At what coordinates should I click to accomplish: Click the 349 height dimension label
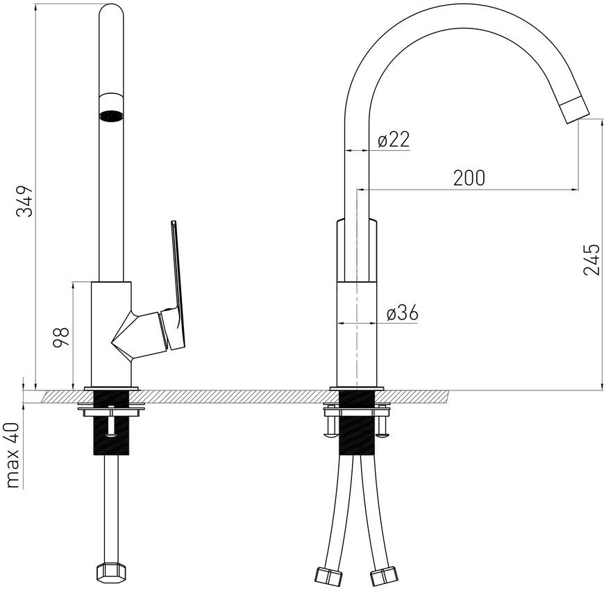tap(24, 201)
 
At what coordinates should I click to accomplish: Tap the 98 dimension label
tap(61, 337)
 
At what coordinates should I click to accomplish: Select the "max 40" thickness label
tap(12, 455)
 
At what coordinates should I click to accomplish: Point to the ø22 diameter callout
tap(394, 139)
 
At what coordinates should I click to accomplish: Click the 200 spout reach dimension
tap(469, 178)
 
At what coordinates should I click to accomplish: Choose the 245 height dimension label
tap(592, 259)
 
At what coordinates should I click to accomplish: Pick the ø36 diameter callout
tap(402, 313)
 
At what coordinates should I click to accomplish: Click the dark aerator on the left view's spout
tap(111, 115)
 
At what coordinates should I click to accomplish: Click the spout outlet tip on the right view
tap(574, 110)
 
